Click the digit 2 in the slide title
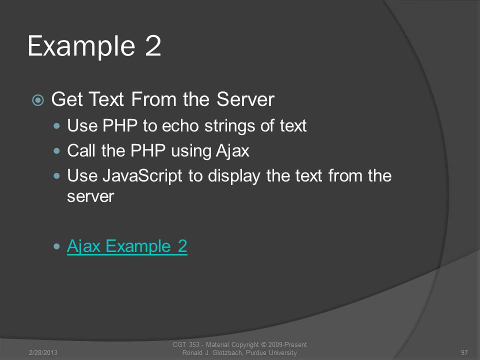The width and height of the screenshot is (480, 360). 153,45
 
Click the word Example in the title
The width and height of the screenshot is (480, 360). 81,46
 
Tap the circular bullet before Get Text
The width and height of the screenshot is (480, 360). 38,100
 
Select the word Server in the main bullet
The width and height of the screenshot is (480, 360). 245,99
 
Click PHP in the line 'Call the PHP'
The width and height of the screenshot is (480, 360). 148,150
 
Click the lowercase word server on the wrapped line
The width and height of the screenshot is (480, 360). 90,196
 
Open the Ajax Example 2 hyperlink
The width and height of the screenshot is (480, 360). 127,246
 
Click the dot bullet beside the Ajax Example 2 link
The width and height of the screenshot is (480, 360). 56,246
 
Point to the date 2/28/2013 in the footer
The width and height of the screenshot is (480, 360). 43,352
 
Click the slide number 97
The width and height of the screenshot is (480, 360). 464,352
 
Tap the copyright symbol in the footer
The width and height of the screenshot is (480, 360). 263,344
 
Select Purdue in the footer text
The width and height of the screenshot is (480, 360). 256,352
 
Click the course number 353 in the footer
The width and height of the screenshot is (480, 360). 194,344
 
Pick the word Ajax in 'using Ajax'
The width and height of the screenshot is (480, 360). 232,151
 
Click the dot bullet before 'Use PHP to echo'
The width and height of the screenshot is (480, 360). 56,126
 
